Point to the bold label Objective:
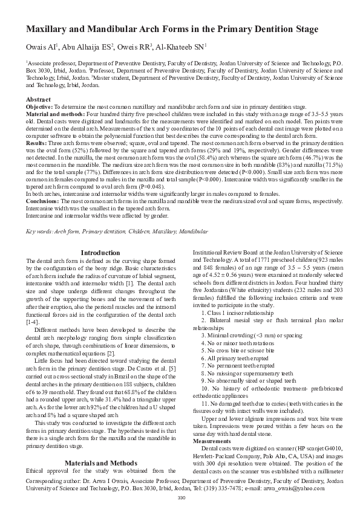click(39, 105)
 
